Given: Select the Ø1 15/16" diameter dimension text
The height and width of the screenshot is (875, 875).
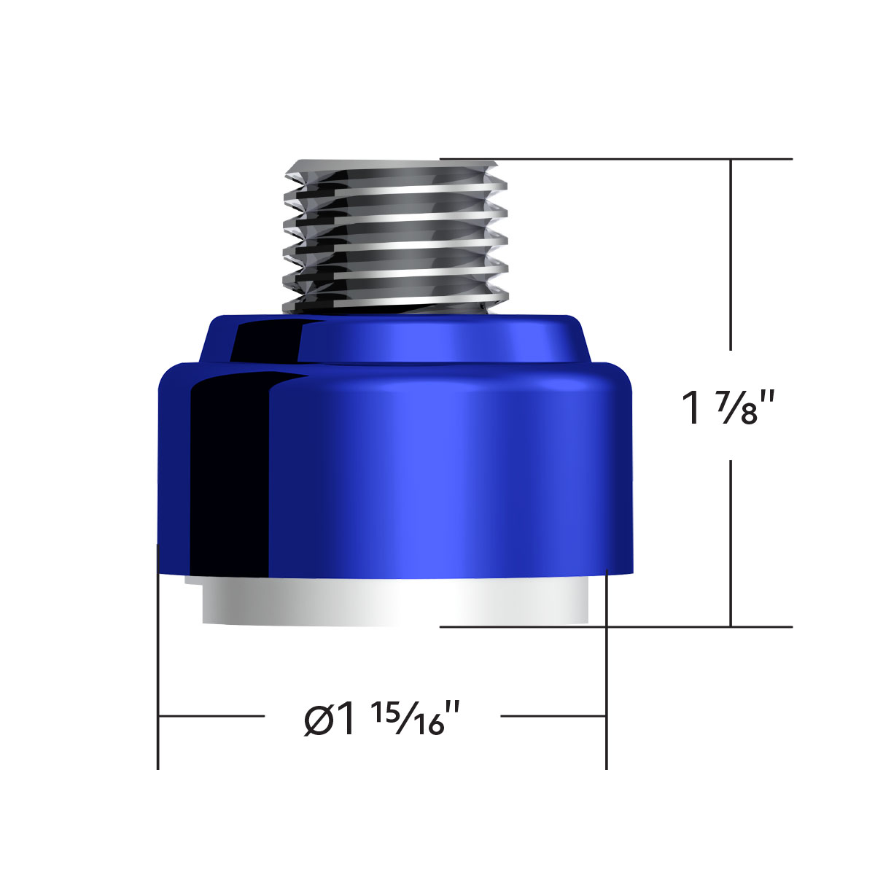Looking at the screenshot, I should tap(383, 719).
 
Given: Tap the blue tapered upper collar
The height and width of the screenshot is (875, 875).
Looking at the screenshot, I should tap(394, 339).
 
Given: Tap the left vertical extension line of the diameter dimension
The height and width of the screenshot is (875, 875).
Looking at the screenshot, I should tap(158, 656).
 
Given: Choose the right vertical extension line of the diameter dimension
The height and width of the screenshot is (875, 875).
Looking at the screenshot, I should tap(607, 671).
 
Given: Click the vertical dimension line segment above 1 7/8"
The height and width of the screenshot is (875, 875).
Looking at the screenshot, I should tap(731, 255).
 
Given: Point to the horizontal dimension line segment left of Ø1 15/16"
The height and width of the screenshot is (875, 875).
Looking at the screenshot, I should tap(211, 716).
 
